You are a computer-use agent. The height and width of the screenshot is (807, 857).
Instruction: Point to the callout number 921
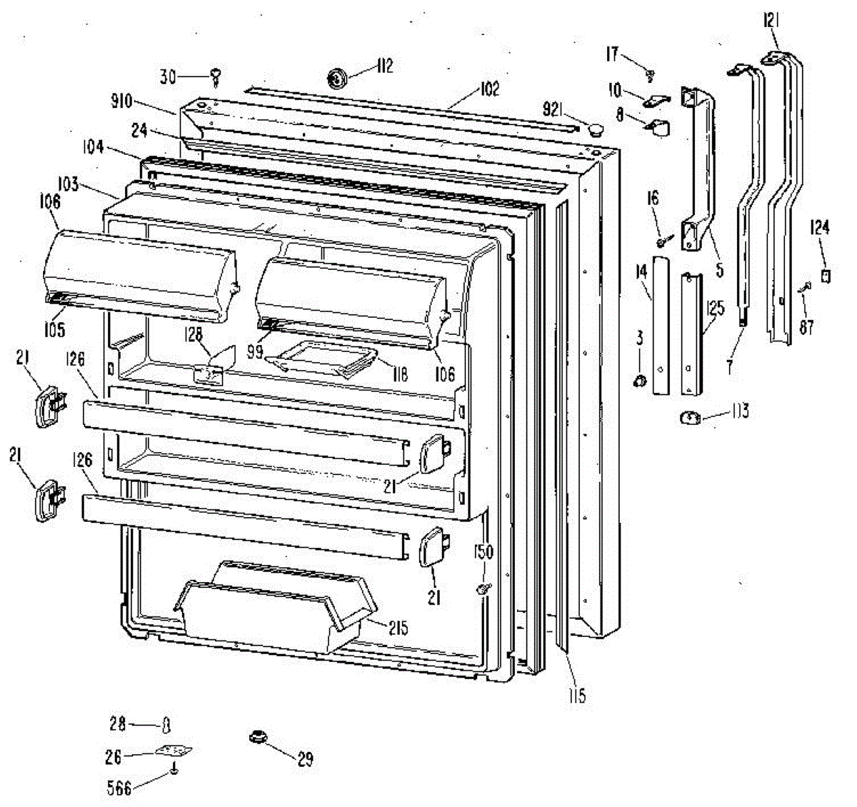point(553,110)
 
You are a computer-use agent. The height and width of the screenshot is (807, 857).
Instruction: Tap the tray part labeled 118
point(325,357)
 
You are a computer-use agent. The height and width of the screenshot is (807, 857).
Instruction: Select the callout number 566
point(119,787)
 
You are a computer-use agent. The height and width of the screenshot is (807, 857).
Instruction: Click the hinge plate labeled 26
point(174,752)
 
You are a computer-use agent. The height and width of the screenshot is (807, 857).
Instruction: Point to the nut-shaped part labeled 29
point(256,736)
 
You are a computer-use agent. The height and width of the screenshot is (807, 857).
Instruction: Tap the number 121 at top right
point(771,25)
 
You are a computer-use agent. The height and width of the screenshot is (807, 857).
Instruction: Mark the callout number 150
point(483,553)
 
